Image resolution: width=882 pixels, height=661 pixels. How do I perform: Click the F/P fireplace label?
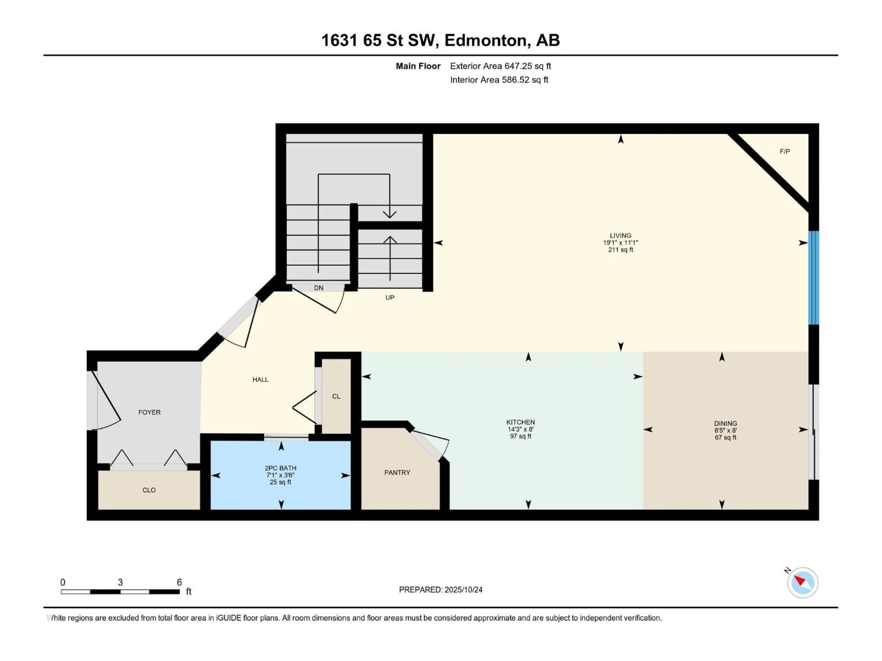[x=784, y=151]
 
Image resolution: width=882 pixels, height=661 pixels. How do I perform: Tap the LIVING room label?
[x=620, y=235]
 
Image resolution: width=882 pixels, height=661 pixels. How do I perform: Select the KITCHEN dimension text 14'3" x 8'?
[x=520, y=429]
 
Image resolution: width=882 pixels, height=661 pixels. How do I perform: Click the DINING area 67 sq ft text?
[x=725, y=437]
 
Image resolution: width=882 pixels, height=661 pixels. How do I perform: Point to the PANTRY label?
[x=397, y=473]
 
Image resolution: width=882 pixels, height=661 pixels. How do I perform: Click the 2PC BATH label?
[x=281, y=468]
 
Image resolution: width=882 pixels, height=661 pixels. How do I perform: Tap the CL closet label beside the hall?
[x=336, y=396]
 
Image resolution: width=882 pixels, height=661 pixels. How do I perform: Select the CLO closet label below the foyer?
[x=149, y=490]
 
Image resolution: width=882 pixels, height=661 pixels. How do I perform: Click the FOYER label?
[x=150, y=412]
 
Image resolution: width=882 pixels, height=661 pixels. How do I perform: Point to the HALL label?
[x=260, y=380]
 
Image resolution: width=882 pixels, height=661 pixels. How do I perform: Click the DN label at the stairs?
[x=319, y=288]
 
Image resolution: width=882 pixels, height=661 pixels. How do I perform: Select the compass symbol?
[x=803, y=583]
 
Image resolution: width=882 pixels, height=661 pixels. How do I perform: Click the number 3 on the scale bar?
[x=120, y=582]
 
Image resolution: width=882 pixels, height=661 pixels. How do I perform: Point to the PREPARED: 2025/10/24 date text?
[x=441, y=590]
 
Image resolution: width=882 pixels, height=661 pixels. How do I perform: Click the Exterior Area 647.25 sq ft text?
[x=500, y=66]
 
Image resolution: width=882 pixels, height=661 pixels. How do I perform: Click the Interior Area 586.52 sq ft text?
[x=499, y=80]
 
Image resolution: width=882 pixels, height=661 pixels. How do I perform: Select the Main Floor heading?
[x=418, y=66]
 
